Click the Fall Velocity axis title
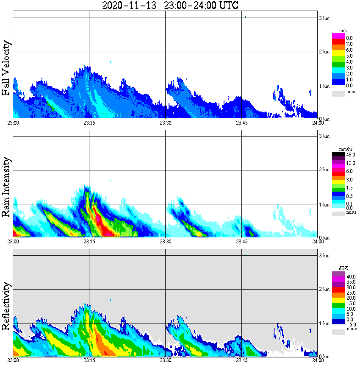pyautogui.click(x=6, y=68)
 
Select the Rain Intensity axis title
pyautogui.click(x=6, y=187)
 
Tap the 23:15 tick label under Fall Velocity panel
pyautogui.click(x=89, y=123)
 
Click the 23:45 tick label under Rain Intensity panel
pyautogui.click(x=241, y=242)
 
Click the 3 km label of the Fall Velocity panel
pyautogui.click(x=324, y=18)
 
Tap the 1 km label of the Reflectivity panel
pyautogui.click(x=324, y=323)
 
